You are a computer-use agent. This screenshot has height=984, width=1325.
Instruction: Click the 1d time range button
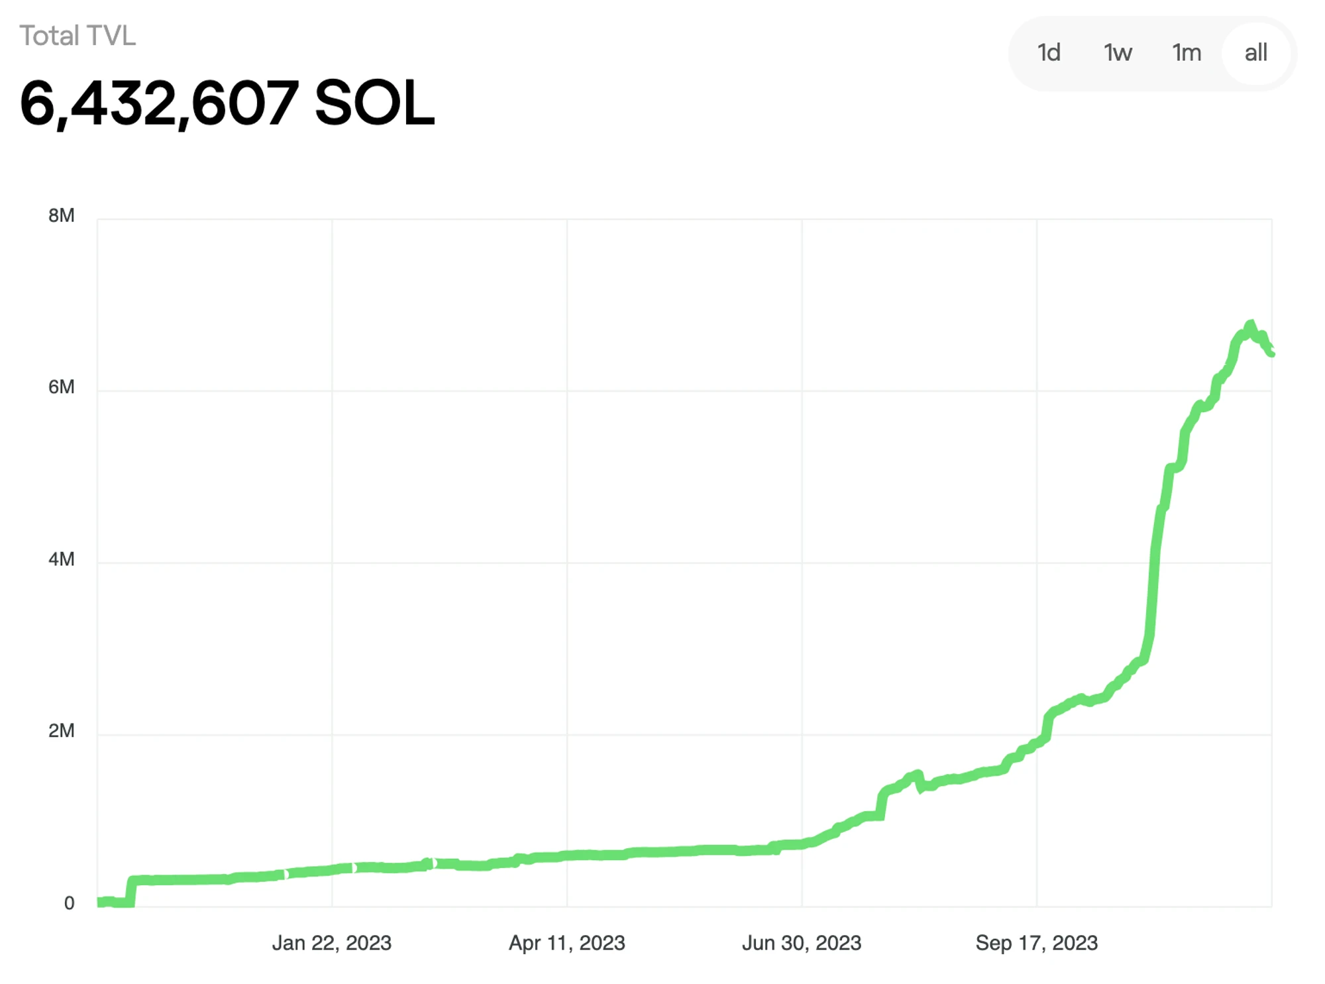(x=1049, y=52)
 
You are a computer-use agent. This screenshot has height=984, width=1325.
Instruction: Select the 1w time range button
(x=1118, y=52)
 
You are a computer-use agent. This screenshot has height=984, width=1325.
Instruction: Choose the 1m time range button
(x=1187, y=52)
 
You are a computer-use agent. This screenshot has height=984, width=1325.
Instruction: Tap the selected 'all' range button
(x=1255, y=52)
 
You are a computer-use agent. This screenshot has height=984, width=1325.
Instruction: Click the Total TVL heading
(x=78, y=36)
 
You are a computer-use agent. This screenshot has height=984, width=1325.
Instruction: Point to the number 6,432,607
(x=159, y=103)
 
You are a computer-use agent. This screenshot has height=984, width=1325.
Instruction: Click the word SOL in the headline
(x=374, y=103)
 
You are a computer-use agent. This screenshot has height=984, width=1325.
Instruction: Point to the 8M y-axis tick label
(x=61, y=215)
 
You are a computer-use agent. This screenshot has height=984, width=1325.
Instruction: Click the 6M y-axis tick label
(x=61, y=387)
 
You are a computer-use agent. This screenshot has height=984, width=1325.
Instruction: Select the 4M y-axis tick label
(x=61, y=559)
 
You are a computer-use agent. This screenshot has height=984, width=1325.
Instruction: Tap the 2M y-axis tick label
(x=61, y=731)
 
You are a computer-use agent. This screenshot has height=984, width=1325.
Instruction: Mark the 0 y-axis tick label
(x=69, y=903)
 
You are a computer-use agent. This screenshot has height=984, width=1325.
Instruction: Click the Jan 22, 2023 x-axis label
(x=331, y=943)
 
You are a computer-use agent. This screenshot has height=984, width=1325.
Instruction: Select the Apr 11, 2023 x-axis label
(x=566, y=943)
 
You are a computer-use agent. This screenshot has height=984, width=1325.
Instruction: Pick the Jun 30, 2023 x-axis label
(x=802, y=943)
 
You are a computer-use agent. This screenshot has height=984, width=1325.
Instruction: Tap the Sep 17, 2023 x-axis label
(x=1036, y=943)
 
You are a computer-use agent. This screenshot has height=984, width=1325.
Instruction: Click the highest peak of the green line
(x=1250, y=325)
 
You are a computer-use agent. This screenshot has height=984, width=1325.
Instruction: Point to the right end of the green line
(x=1271, y=354)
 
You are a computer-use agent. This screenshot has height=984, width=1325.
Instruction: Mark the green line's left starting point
(x=99, y=902)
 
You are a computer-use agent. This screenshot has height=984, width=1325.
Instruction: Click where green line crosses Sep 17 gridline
(x=1037, y=745)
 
